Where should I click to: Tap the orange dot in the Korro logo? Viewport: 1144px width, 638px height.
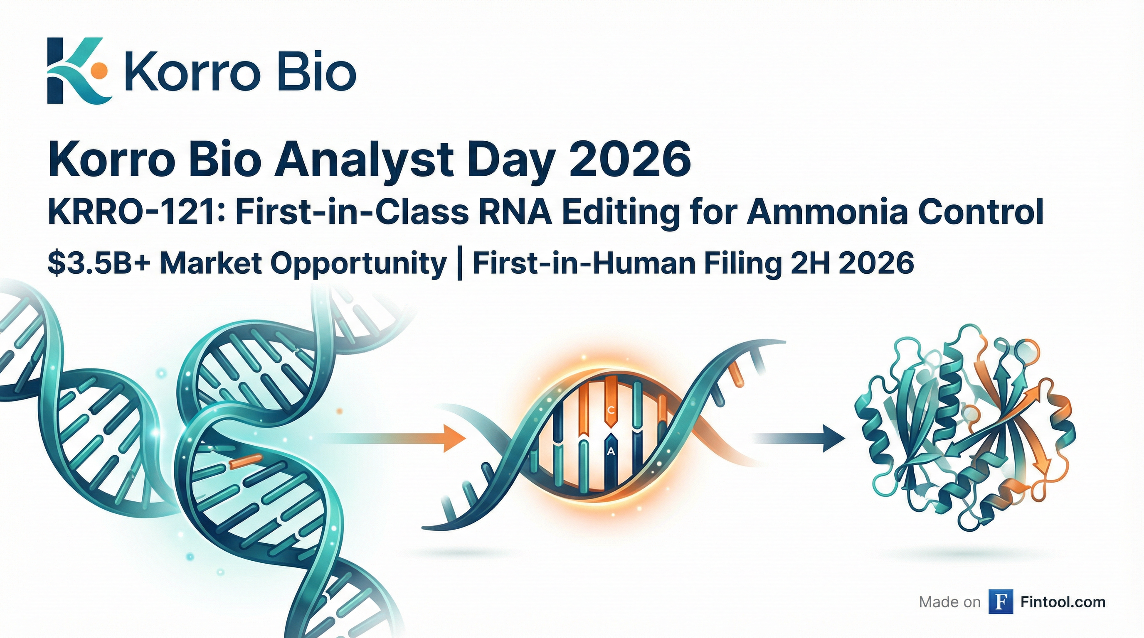(99, 68)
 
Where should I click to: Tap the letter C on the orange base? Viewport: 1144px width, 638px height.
(611, 410)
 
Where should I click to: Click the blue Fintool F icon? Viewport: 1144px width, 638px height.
(1001, 601)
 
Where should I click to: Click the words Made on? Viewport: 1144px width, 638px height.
(949, 602)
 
